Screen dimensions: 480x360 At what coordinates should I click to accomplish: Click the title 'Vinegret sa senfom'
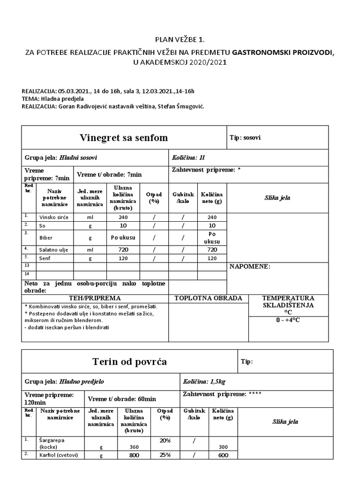[x=124, y=138]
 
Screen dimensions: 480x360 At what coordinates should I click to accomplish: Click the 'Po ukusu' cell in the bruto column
[x=123, y=237]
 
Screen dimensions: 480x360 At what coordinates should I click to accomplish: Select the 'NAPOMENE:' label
[x=249, y=266]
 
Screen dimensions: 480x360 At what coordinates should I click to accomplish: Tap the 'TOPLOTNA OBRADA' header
[x=208, y=298]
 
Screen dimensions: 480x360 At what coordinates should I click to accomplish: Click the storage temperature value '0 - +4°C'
[x=288, y=320]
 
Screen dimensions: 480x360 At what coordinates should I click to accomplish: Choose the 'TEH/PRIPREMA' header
[x=95, y=298]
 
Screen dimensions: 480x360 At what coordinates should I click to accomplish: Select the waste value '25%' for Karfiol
[x=164, y=455]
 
